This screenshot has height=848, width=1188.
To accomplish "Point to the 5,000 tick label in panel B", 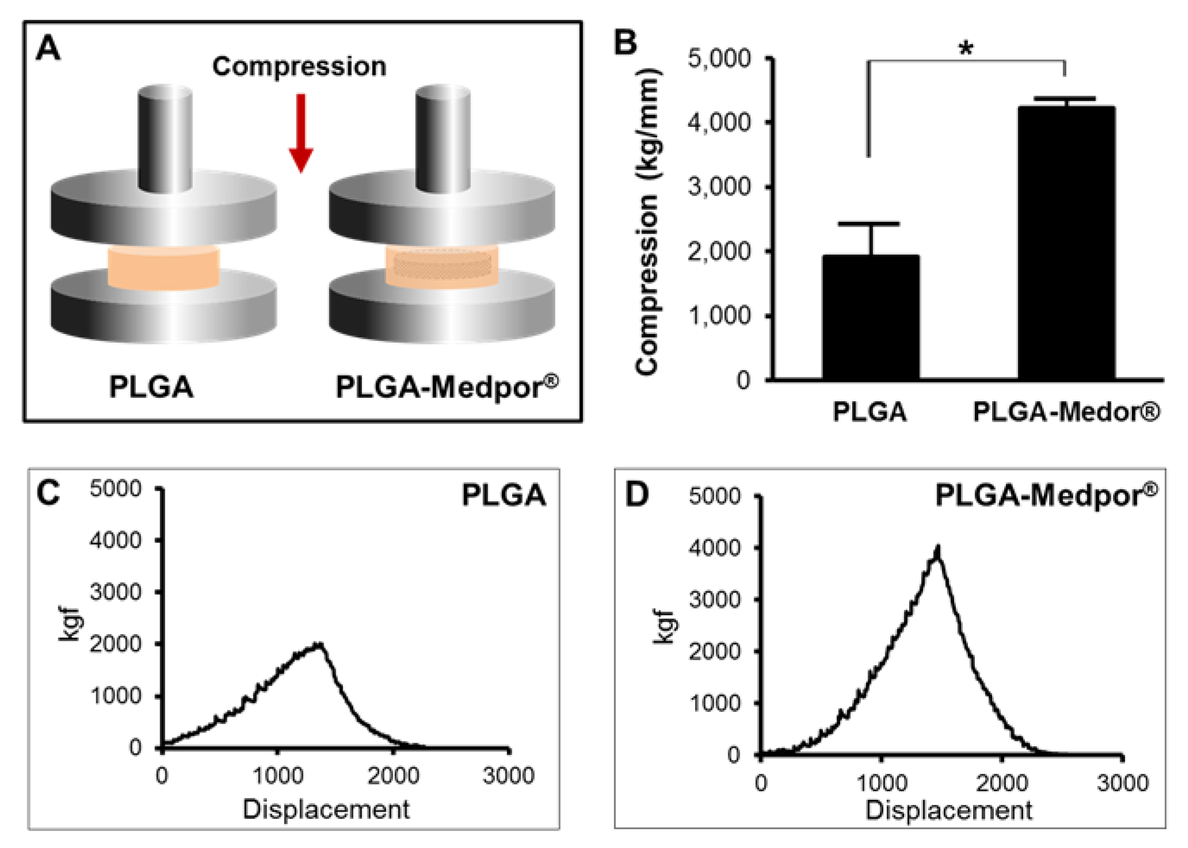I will click(719, 59).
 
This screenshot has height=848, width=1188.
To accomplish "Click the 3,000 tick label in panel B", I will click(719, 187).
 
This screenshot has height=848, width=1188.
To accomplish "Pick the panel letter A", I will click(48, 50).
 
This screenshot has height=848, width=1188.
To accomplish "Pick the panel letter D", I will click(637, 494).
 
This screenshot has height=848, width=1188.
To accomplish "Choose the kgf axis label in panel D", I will click(664, 627).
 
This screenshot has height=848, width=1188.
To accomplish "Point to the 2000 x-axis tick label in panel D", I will click(1002, 783).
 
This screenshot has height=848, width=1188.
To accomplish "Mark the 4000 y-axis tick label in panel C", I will click(116, 540).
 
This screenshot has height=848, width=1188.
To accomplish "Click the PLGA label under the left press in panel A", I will click(151, 387).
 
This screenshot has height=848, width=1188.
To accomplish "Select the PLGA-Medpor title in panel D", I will click(1045, 495).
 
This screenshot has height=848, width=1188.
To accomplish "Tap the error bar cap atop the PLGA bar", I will click(871, 224).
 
